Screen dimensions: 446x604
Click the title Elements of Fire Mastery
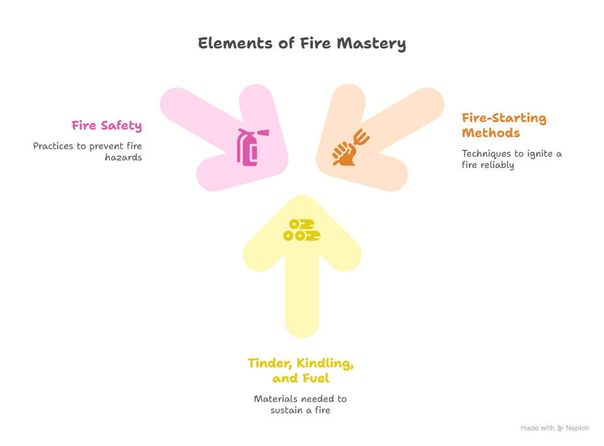coord(302,43)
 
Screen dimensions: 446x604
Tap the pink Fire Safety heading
coord(106,126)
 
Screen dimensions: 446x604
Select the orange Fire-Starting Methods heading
coord(503,125)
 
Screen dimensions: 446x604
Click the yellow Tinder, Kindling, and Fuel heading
coord(301,371)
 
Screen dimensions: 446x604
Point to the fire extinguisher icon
coord(250,147)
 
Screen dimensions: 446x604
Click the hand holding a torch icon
coord(349,148)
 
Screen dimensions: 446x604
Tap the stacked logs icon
coord(301,230)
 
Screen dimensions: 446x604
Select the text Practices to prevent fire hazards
coord(88,152)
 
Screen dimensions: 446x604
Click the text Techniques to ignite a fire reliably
coord(511,159)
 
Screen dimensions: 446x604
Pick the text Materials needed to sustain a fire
coord(301,404)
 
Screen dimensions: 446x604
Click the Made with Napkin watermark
coord(554,428)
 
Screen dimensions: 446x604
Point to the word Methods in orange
coord(491,133)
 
